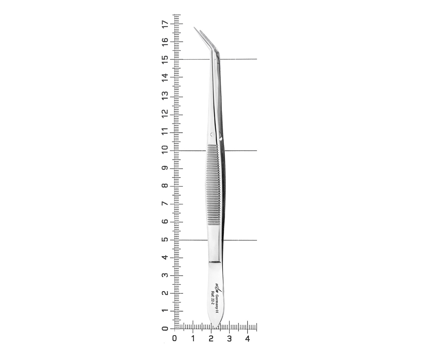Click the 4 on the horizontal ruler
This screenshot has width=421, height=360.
click(247, 339)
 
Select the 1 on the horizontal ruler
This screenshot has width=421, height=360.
click(193, 339)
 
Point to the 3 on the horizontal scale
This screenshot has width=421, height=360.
click(229, 339)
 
